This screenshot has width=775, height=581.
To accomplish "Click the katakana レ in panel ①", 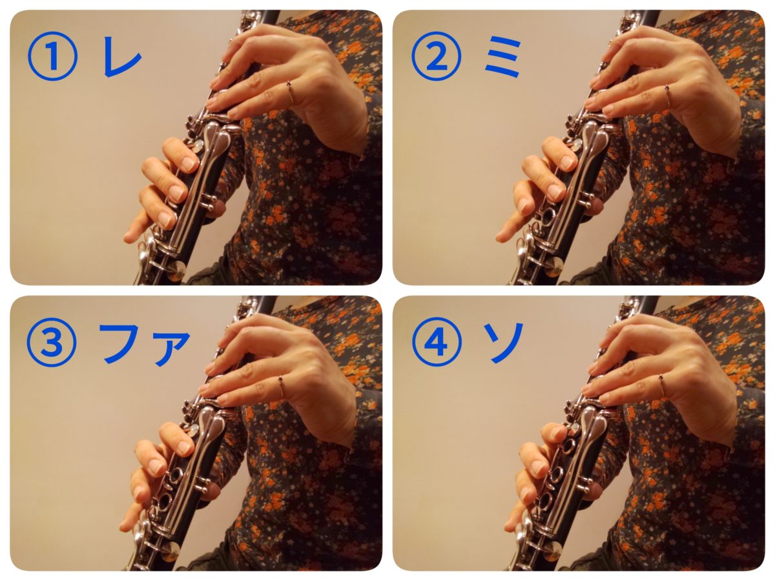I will (121, 57).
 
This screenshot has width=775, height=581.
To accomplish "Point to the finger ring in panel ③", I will (281, 386).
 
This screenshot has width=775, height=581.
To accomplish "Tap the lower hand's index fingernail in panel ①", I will (188, 163).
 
